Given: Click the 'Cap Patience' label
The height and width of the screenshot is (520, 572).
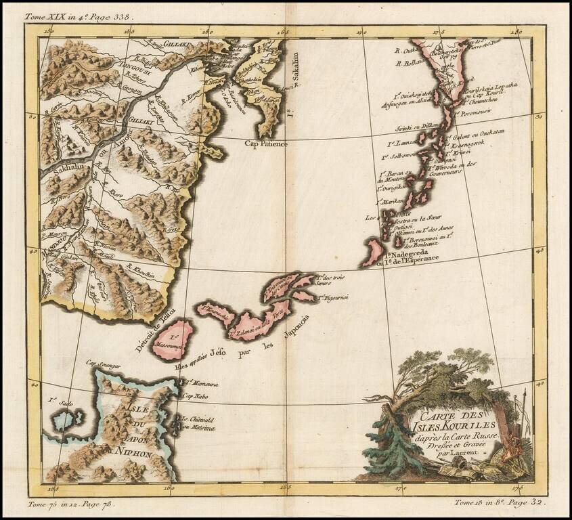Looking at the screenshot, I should (x=267, y=144).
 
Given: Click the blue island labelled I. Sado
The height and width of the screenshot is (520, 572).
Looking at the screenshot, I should (x=66, y=420).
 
